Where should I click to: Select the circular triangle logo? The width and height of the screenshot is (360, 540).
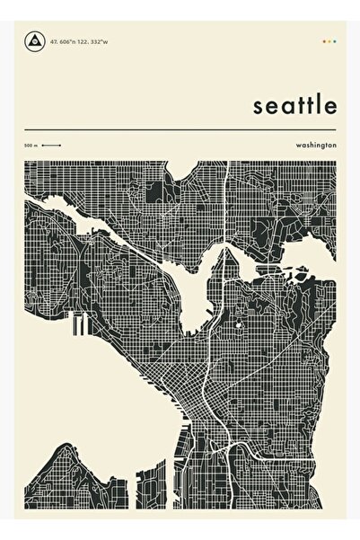[34, 40]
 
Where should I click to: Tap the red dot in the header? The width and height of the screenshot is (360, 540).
[323, 40]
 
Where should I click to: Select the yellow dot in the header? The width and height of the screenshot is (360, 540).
[329, 40]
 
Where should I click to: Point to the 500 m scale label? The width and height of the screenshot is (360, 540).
[31, 145]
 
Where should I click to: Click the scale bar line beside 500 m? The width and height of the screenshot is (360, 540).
[50, 145]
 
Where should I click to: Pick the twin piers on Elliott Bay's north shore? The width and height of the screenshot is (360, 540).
[76, 324]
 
